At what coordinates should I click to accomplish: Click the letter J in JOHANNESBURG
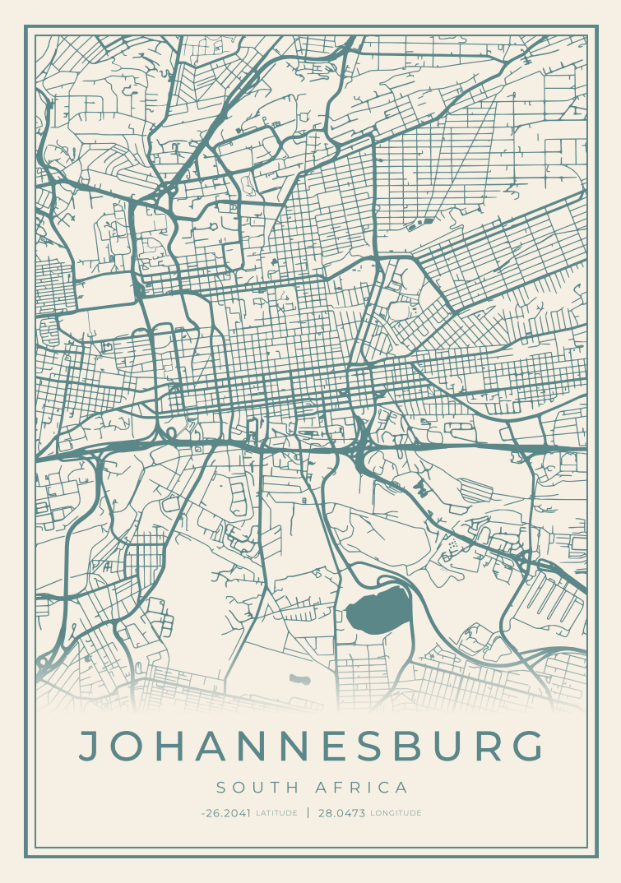90,746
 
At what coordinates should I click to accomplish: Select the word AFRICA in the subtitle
362,788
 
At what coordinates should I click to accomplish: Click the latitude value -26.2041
225,813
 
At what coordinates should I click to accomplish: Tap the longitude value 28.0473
341,813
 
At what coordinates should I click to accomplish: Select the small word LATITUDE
276,813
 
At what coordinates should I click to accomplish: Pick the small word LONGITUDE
396,813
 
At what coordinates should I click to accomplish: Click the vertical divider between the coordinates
308,813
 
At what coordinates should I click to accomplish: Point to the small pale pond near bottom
300,679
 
